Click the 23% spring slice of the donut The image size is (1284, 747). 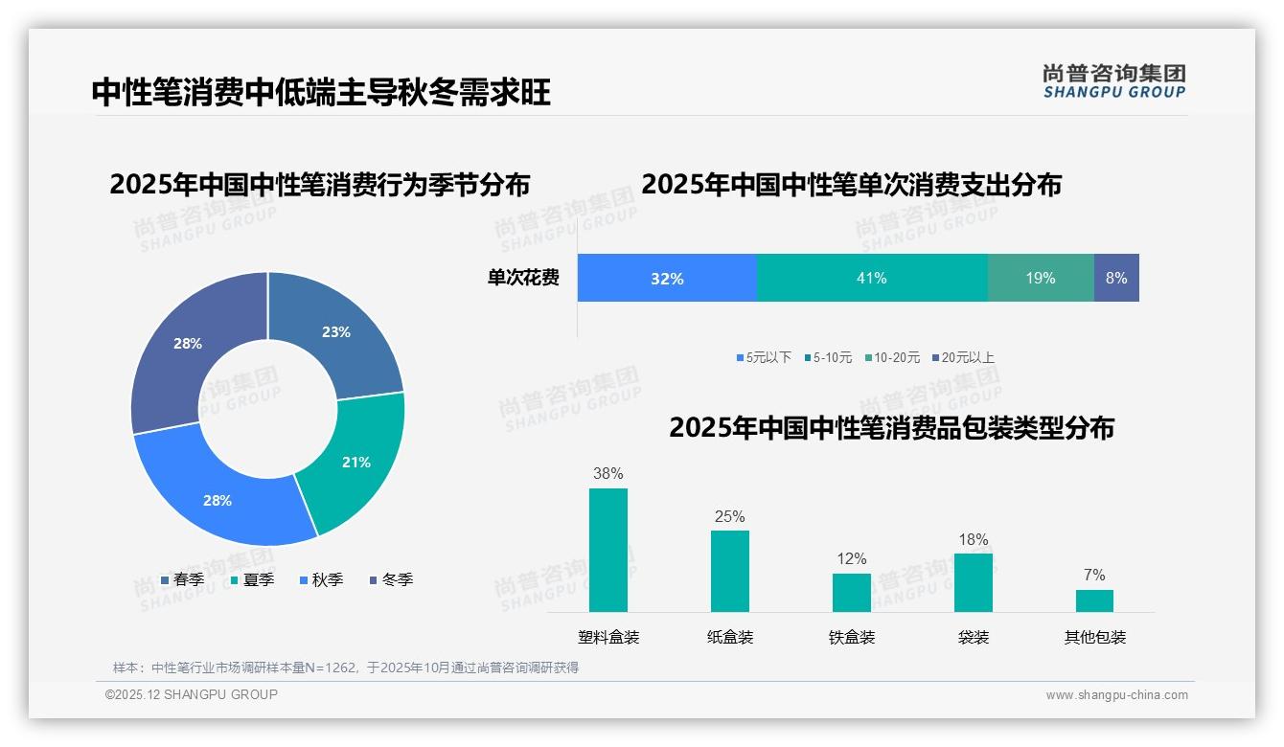[336, 332]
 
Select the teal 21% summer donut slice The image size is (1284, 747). [355, 462]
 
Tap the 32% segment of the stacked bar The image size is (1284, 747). [667, 279]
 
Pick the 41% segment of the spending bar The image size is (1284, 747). [872, 279]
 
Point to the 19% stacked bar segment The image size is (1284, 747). [1041, 279]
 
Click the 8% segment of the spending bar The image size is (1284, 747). [1116, 279]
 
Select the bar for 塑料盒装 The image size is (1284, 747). [608, 550]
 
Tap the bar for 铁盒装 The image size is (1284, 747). [852, 592]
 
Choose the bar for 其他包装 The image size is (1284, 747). [1094, 600]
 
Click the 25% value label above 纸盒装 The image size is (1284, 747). [729, 517]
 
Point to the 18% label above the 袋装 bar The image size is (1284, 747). [974, 540]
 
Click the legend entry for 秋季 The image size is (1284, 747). [321, 580]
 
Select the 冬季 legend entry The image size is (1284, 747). [391, 580]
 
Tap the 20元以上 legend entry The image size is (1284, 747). [962, 358]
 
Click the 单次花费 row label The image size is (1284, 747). [523, 279]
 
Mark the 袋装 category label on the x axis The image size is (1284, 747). [974, 638]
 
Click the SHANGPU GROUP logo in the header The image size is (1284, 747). [1113, 81]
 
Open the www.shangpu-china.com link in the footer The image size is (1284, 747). [1116, 695]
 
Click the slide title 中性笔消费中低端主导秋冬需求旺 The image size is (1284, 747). [321, 93]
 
